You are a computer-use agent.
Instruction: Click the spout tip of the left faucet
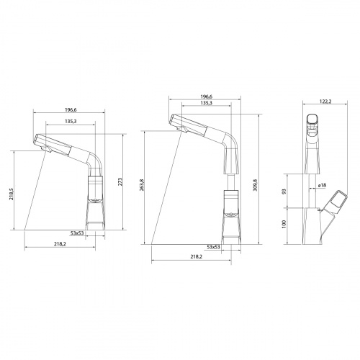[x=41, y=148]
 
